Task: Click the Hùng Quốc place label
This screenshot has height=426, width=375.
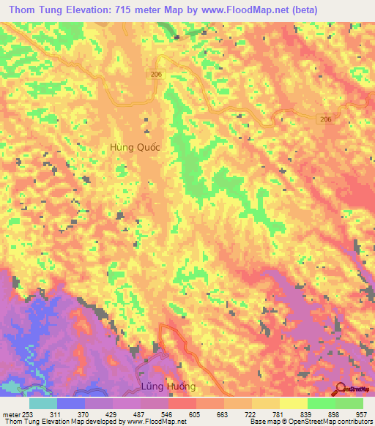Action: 134,146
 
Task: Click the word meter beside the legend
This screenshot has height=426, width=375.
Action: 10,414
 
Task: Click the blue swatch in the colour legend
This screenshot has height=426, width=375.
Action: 70,403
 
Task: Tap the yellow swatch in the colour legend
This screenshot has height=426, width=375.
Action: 293,403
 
